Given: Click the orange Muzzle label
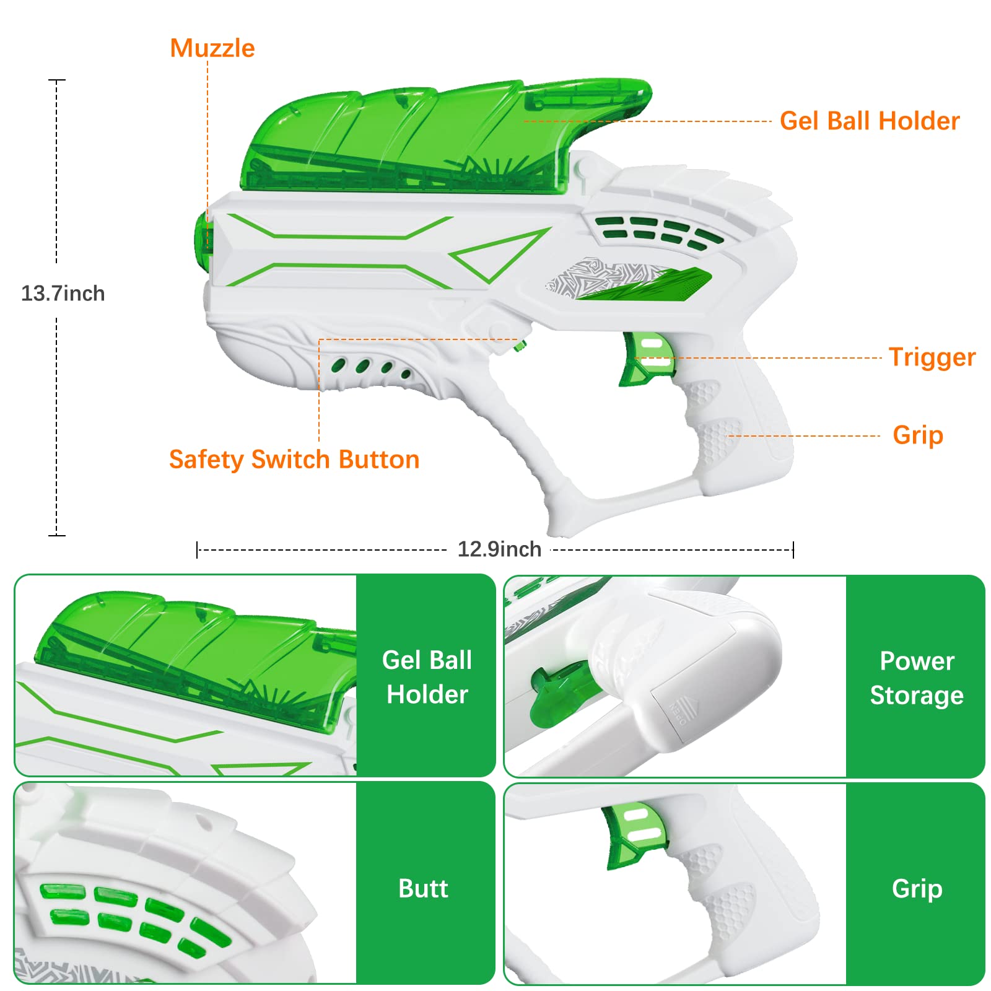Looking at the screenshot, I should pos(212,48).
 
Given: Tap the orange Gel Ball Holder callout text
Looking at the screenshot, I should pos(869,121).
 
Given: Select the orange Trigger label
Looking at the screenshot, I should pos(932,357).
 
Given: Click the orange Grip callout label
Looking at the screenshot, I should pos(917,435).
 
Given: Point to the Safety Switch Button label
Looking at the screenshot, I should pos(294,460).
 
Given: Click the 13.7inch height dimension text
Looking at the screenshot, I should pos(63,293).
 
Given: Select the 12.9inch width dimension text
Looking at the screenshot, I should pos(499,549).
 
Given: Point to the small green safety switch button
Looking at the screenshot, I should pos(520,346).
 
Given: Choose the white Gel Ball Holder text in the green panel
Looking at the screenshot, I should pos(427,677).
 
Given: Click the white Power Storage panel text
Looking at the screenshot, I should pos(916,678).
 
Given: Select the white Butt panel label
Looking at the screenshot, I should pos(423,888).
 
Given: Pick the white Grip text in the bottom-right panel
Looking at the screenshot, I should pos(917,888).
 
